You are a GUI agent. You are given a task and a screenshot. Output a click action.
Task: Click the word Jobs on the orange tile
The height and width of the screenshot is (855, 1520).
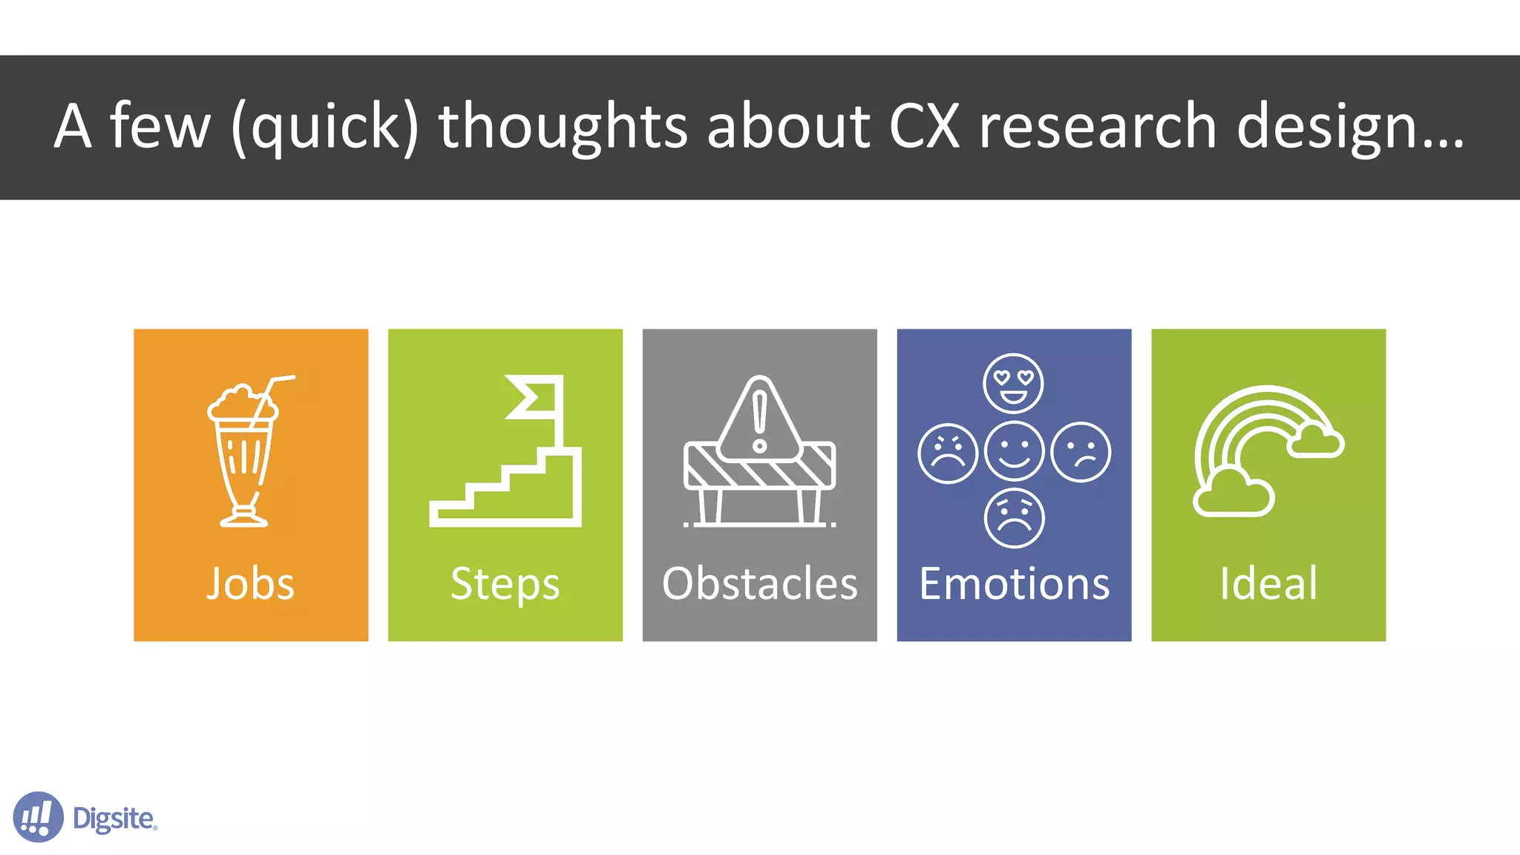click(250, 583)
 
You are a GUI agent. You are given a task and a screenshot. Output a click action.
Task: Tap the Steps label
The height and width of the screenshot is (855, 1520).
click(505, 585)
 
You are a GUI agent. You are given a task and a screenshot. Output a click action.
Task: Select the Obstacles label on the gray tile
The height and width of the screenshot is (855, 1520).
click(759, 583)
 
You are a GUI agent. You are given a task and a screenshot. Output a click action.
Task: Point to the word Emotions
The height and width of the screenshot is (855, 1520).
click(1014, 583)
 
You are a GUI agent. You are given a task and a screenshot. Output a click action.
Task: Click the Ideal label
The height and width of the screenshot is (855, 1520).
click(1268, 583)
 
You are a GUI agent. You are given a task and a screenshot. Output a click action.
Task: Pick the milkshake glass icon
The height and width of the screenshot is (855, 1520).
click(243, 460)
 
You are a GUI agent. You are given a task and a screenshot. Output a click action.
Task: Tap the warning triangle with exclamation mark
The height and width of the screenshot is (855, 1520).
click(759, 419)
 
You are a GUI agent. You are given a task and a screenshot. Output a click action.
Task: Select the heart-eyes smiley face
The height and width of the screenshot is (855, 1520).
click(1013, 383)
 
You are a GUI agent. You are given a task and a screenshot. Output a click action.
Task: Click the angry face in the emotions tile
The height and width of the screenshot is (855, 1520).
click(947, 453)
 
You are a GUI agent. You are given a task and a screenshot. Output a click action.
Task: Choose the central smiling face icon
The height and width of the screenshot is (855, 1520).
click(1014, 451)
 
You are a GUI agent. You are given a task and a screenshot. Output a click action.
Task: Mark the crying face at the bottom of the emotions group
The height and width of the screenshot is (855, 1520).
click(1014, 518)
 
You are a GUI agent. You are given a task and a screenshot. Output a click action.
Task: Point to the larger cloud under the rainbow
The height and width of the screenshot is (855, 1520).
click(1233, 494)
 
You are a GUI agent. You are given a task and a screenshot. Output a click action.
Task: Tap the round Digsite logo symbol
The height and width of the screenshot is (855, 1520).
click(38, 817)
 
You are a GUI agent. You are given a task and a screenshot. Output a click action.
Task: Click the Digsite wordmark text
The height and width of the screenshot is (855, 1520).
click(114, 819)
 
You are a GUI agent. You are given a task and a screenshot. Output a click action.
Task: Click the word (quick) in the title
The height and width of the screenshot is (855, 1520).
click(325, 128)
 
